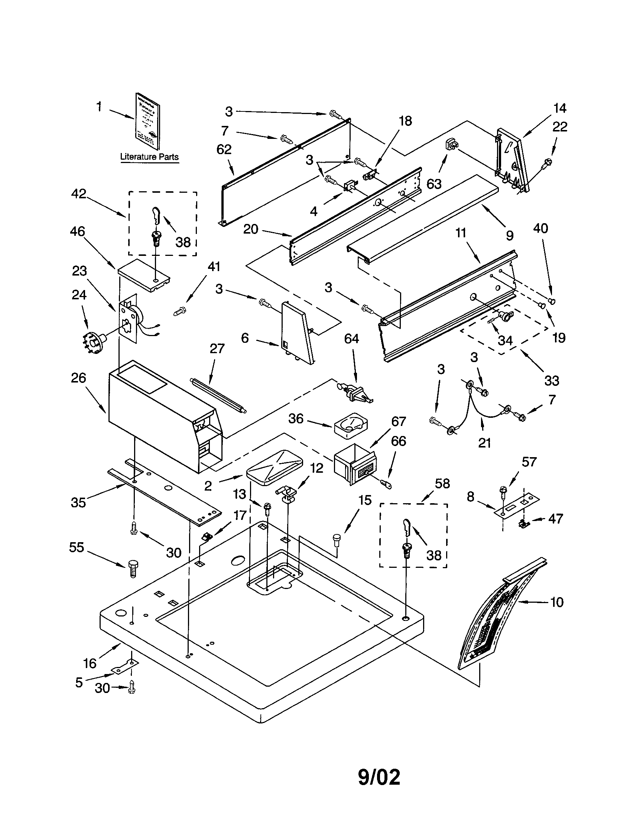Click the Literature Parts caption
(x=149, y=157)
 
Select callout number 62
(x=224, y=149)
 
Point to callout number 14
(x=559, y=108)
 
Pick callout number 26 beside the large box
(x=78, y=378)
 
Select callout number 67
(x=399, y=421)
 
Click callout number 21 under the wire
(x=484, y=443)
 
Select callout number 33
(x=552, y=380)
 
